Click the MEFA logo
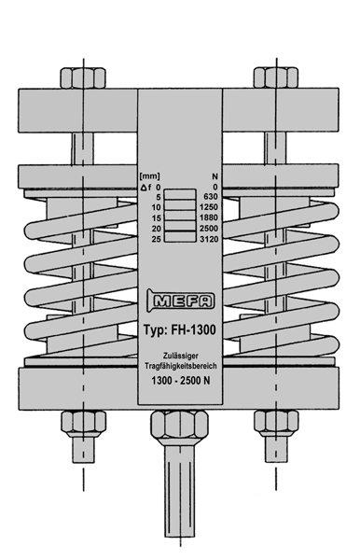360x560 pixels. (181, 300)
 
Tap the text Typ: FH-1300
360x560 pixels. (180, 329)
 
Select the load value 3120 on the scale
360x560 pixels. (209, 239)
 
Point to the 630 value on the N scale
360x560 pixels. (211, 197)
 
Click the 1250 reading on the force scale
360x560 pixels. (209, 207)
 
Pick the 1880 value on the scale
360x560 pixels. (209, 217)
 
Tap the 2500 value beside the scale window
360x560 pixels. (209, 229)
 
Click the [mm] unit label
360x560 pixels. (150, 176)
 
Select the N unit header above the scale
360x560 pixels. (215, 176)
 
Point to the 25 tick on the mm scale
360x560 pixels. (157, 239)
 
